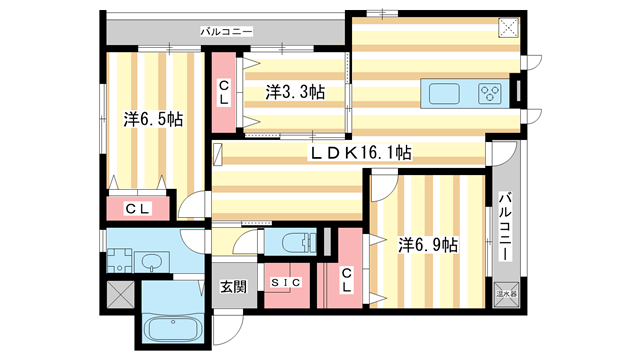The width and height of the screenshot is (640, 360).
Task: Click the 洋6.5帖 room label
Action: [x=153, y=119]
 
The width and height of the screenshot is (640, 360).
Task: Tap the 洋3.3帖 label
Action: [x=295, y=92]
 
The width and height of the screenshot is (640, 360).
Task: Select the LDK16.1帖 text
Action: [x=361, y=152]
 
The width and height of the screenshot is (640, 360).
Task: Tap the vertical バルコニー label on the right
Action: [x=506, y=227]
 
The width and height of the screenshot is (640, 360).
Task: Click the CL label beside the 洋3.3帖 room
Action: [x=225, y=92]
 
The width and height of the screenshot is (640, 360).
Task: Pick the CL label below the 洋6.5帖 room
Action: [x=138, y=209]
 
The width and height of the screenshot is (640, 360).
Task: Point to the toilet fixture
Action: [x=296, y=244]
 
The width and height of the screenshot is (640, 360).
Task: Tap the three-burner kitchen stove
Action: [x=490, y=94]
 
